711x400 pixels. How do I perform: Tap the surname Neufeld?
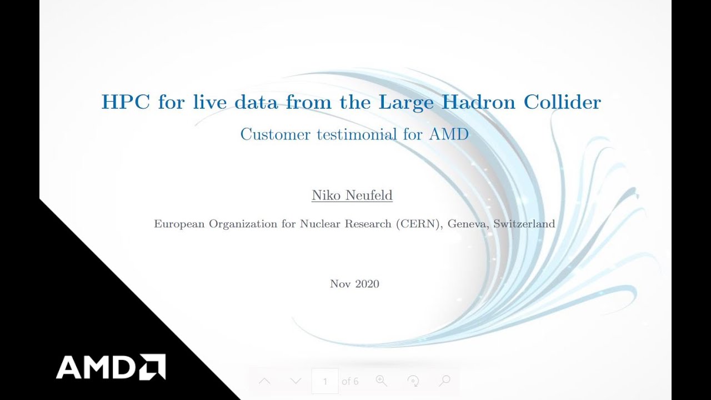coord(369,196)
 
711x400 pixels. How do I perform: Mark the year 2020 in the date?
coord(367,284)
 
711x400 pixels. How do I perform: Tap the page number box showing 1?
coord(325,381)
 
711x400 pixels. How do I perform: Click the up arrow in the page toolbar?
coord(265,381)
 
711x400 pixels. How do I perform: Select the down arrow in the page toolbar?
coord(296,381)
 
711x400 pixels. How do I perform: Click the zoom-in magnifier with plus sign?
coord(381,381)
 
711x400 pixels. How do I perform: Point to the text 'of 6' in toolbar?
coord(350,381)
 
